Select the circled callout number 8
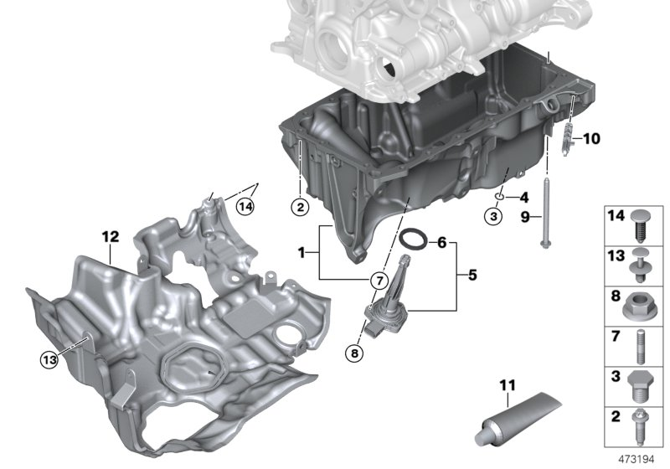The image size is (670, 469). point(355,353)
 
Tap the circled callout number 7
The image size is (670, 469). point(378,280)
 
